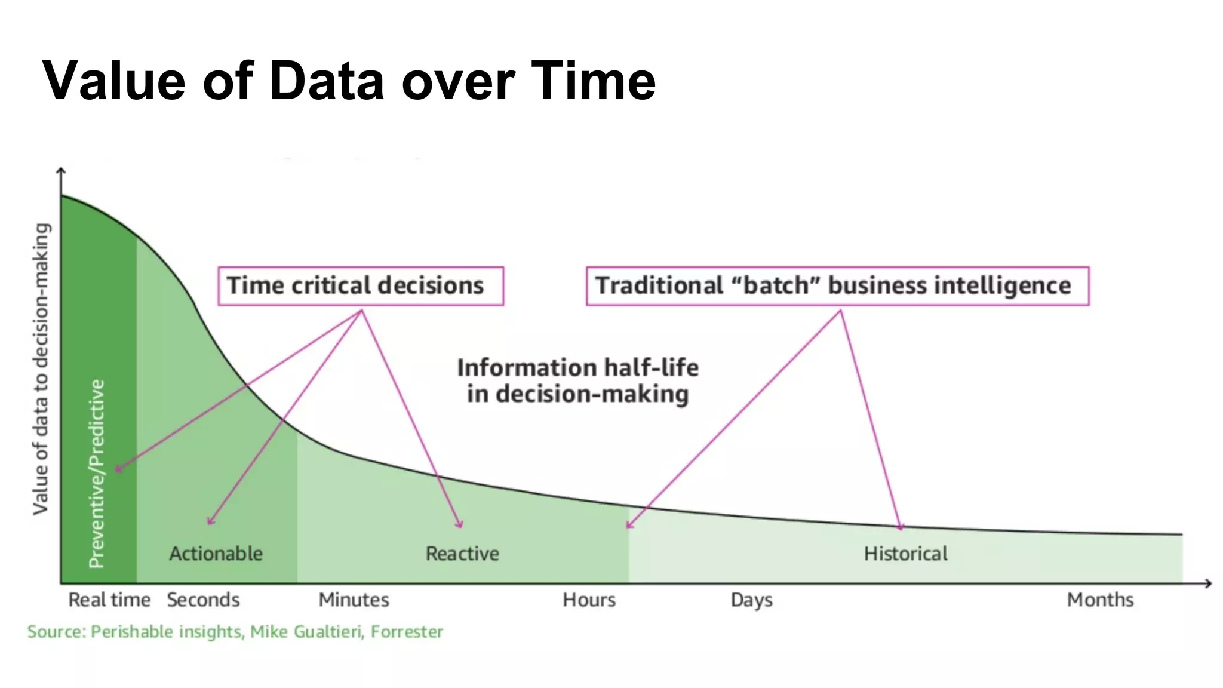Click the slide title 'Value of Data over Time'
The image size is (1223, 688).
pyautogui.click(x=349, y=81)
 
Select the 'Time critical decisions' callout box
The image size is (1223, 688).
pyautogui.click(x=361, y=286)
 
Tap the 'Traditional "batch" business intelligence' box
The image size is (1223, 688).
pyautogui.click(x=837, y=286)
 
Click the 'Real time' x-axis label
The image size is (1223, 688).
pyautogui.click(x=109, y=600)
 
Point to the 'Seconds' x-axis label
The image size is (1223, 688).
pyautogui.click(x=203, y=600)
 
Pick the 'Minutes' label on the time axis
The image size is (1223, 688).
pyautogui.click(x=354, y=600)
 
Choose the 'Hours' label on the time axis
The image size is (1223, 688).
pyautogui.click(x=589, y=600)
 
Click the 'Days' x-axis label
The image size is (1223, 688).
pyautogui.click(x=751, y=600)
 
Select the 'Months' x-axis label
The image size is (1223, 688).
pyautogui.click(x=1100, y=600)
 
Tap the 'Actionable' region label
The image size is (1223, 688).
pyautogui.click(x=216, y=554)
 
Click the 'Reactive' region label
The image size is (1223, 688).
pyautogui.click(x=462, y=554)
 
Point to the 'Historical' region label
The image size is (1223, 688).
pyautogui.click(x=905, y=554)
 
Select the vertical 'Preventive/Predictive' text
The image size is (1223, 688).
pyautogui.click(x=97, y=473)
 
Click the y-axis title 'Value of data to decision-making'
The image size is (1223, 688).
pyautogui.click(x=41, y=368)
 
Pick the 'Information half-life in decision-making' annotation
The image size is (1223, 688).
pyautogui.click(x=577, y=380)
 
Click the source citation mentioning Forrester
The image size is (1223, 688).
pyautogui.click(x=235, y=632)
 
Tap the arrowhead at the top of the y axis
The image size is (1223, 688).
pyautogui.click(x=61, y=171)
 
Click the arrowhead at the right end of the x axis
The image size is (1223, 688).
pyautogui.click(x=1208, y=583)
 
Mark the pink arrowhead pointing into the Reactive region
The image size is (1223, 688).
pyautogui.click(x=460, y=525)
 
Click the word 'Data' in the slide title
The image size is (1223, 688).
pyautogui.click(x=327, y=81)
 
